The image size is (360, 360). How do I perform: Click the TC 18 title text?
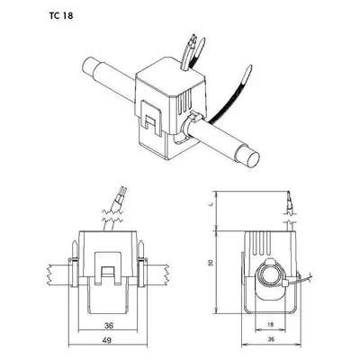(x=61, y=15)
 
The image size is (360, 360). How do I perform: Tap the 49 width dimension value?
(x=107, y=340)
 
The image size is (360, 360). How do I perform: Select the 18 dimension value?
(x=270, y=325)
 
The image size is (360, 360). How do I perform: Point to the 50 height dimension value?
(x=211, y=263)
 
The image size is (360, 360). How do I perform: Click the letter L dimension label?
(x=211, y=204)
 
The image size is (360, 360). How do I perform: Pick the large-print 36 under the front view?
(x=109, y=325)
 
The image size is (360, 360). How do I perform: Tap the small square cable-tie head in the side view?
(x=285, y=283)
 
